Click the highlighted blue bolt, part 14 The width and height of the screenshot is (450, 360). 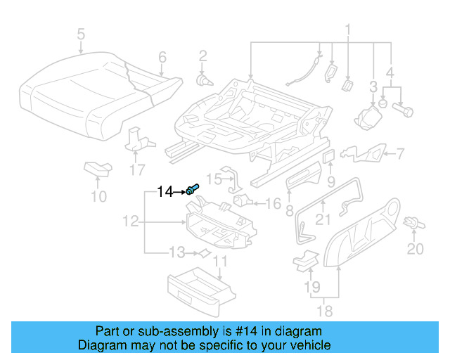[193, 189]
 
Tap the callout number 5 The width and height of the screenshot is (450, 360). [80, 34]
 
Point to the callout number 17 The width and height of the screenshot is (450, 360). [136, 169]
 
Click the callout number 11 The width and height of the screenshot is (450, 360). [220, 263]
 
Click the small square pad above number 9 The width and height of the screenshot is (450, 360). [329, 154]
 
